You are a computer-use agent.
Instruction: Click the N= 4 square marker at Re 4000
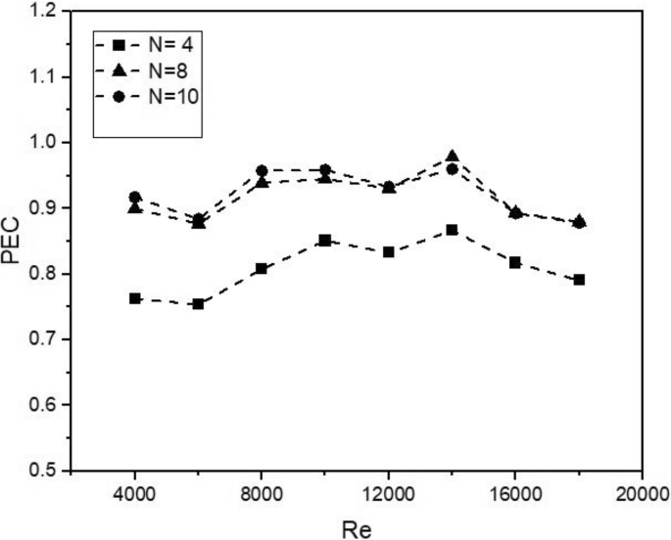click(135, 298)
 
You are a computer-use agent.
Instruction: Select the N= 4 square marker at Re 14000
click(452, 230)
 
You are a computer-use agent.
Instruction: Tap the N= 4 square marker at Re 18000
click(579, 280)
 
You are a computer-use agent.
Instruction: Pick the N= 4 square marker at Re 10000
click(325, 240)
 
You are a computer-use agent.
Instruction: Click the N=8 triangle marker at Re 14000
click(452, 156)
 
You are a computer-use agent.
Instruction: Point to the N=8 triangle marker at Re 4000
click(135, 207)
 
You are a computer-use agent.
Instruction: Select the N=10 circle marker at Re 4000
click(135, 197)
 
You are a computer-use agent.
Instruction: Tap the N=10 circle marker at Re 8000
click(262, 171)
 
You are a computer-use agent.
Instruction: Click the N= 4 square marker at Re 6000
click(199, 304)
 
